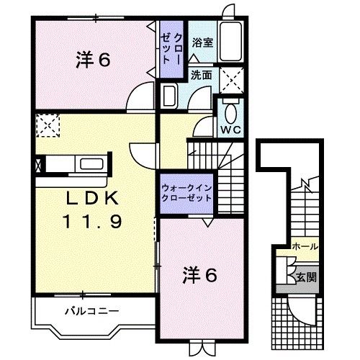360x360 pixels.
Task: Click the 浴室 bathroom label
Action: pos(202,42)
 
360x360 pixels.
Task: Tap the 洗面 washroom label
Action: pos(201,73)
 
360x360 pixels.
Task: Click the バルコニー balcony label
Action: pos(91,311)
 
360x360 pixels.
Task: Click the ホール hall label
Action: pos(305,247)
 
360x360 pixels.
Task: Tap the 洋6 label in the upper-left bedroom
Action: pos(92,60)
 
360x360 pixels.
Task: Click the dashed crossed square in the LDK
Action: pos(48,127)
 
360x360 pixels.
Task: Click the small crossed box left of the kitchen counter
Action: pos(37,163)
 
